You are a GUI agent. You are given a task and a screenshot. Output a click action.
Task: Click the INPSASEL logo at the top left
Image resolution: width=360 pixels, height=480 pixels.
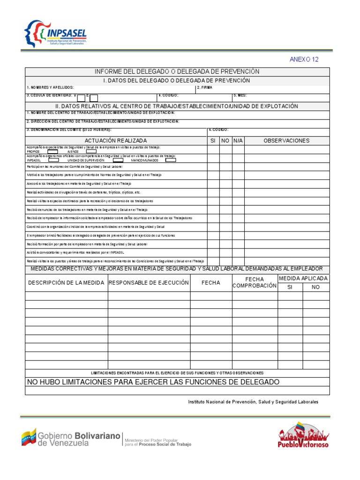click(x=55, y=34)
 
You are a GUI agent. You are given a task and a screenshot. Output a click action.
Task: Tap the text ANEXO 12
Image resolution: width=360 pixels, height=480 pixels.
click(x=304, y=60)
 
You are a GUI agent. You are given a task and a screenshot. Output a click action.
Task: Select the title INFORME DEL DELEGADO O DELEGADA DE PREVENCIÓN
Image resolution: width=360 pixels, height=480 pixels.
click(x=177, y=72)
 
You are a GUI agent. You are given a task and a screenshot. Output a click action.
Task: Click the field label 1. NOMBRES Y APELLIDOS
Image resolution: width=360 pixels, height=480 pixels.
click(x=50, y=88)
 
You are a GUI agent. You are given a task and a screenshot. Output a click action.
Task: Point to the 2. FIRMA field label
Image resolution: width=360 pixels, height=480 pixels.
click(x=204, y=88)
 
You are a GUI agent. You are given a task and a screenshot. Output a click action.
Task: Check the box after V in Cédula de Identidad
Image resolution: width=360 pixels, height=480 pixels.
click(x=82, y=98)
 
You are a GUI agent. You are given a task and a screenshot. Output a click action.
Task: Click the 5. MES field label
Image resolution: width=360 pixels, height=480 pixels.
click(x=240, y=96)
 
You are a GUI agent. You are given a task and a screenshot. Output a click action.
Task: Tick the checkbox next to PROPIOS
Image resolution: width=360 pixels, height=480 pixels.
click(x=52, y=151)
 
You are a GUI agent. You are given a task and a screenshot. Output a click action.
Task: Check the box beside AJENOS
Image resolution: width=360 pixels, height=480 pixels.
click(x=91, y=151)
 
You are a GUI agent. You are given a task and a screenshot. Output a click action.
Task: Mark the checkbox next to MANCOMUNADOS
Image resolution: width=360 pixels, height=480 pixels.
click(x=171, y=160)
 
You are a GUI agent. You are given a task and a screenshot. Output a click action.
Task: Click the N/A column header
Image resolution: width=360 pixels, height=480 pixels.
click(x=238, y=141)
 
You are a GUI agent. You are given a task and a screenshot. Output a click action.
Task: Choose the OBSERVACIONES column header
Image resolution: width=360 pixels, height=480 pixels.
click(x=286, y=141)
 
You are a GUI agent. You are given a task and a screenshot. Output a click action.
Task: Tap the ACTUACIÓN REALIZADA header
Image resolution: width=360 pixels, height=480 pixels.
click(x=116, y=141)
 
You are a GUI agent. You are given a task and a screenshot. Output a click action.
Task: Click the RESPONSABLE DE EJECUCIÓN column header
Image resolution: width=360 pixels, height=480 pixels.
click(x=149, y=283)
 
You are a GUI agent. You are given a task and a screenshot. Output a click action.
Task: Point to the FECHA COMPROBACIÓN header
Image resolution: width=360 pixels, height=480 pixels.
click(x=255, y=283)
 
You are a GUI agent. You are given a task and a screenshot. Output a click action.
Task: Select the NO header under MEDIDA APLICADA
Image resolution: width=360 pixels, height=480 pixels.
click(x=315, y=287)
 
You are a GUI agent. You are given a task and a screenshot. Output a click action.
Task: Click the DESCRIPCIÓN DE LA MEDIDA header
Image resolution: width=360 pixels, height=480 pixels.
click(x=67, y=283)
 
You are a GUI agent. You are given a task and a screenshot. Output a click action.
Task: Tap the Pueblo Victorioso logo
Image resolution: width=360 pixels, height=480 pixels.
click(x=303, y=435)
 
